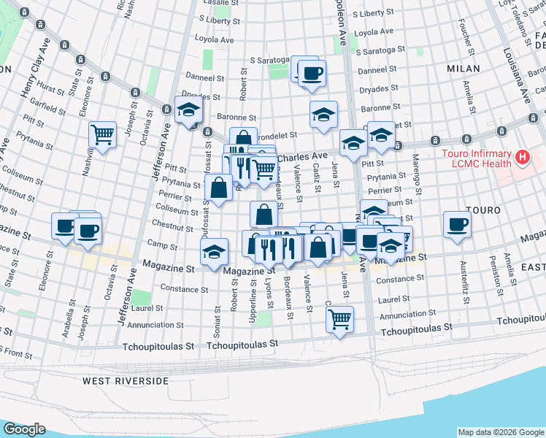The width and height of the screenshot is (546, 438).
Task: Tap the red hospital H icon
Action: pos(522,156)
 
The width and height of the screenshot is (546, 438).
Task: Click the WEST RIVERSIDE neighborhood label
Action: pos(125,381)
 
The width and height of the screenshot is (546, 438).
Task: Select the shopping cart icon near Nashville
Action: pos(103,134)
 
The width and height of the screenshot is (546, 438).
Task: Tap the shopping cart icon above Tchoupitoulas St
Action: pos(339,318)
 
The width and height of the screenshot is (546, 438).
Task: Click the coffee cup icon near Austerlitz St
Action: pos(457,224)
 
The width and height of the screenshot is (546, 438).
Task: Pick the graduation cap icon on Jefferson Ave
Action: pos(189,110)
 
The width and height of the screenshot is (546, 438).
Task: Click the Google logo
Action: pos(24,429)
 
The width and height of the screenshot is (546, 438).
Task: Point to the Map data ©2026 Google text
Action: pos(501,432)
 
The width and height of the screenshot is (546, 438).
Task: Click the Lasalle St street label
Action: pos(216,3)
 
